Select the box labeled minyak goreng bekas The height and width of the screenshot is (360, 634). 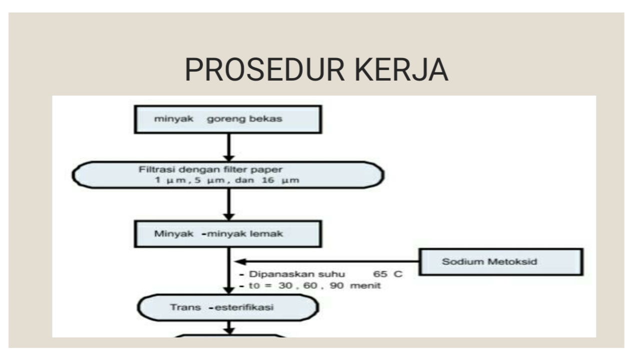pos(229,119)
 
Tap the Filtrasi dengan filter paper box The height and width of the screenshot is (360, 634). pos(228,175)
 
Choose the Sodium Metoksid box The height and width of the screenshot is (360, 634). pos(500,261)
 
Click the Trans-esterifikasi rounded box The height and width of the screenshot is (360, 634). pos(228,307)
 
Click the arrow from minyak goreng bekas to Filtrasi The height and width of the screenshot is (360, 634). pos(229,146)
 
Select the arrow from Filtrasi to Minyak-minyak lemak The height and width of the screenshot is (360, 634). pos(229,205)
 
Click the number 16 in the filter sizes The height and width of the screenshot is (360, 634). pos(265,181)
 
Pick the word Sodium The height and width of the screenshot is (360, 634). pos(457,262)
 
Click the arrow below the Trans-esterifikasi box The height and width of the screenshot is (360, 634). pos(229,328)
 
